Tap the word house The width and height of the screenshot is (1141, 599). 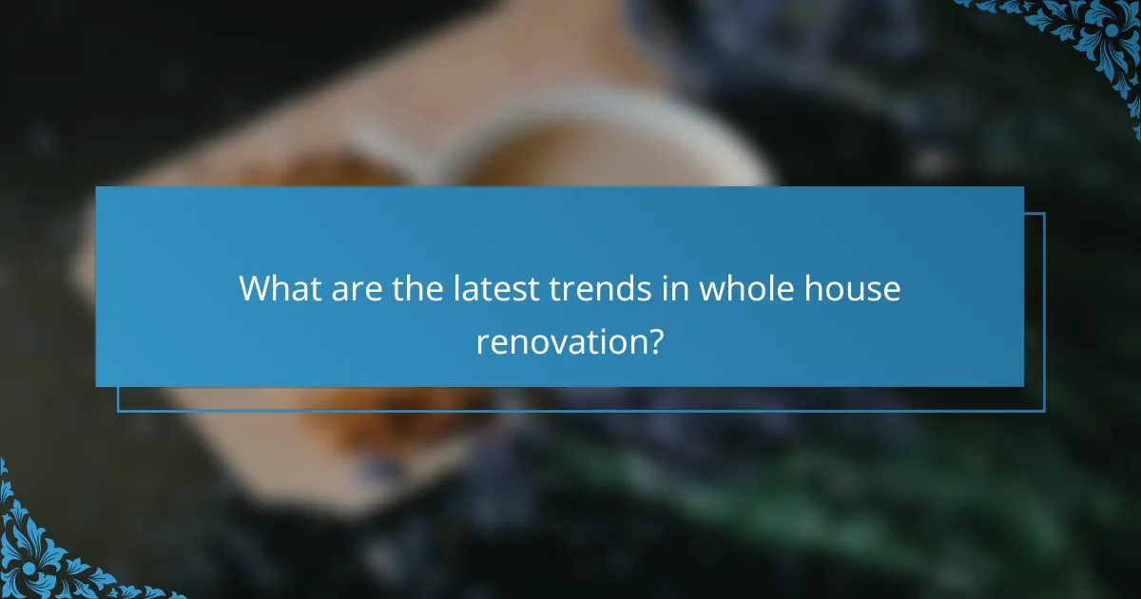click(850, 288)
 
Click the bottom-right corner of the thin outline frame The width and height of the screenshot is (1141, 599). click(1044, 411)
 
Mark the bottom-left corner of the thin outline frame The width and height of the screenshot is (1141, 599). click(118, 411)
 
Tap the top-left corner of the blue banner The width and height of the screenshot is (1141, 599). click(96, 187)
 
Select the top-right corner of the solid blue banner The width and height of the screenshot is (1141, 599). click(1023, 187)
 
